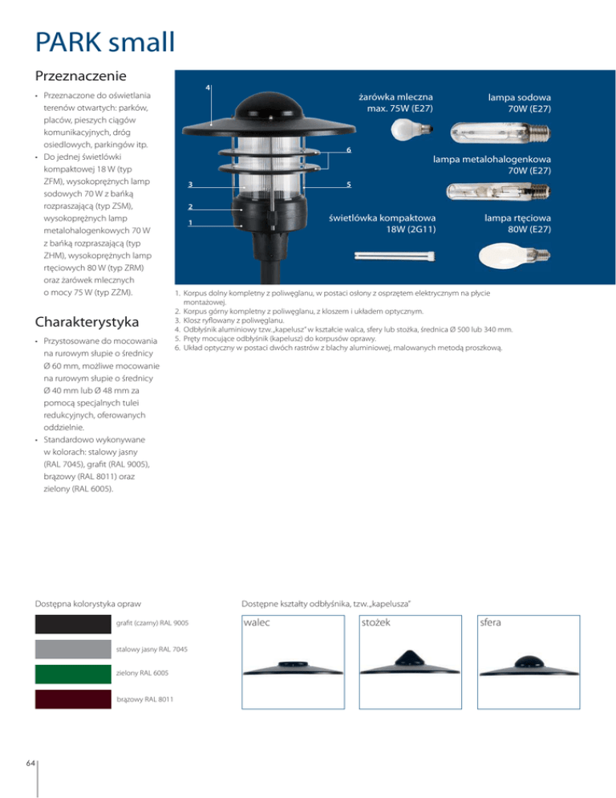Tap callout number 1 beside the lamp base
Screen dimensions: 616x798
point(190,223)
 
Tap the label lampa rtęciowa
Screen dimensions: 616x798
point(517,218)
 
